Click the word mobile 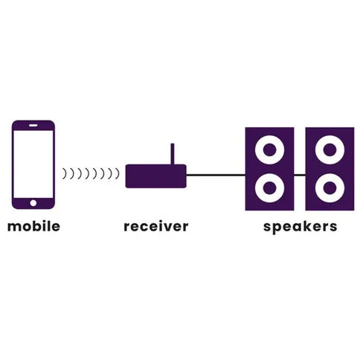point(33,226)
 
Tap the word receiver point(156,226)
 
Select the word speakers point(300,227)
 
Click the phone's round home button point(33,203)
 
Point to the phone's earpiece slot point(33,126)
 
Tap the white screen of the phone point(33,164)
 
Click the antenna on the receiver point(173,154)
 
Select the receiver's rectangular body point(156,176)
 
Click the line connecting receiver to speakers point(216,175)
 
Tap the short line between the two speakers point(300,175)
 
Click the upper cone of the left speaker point(269,150)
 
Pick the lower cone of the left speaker point(269,188)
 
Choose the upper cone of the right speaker point(330,150)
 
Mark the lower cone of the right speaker point(330,188)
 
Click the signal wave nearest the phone point(65,173)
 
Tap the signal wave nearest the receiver point(118,173)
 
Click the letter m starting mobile point(13,228)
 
